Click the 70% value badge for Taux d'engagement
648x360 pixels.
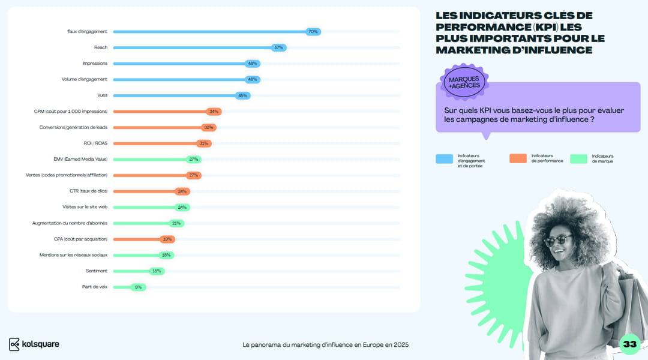point(313,31)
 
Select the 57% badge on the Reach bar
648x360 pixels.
point(278,47)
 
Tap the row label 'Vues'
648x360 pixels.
point(102,95)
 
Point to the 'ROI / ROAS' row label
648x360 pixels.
point(95,143)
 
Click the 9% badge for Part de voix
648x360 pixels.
point(138,287)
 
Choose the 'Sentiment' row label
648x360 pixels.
point(97,271)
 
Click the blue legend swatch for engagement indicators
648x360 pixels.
point(444,158)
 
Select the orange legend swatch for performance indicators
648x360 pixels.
point(518,158)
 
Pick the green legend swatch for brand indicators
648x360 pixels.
point(578,158)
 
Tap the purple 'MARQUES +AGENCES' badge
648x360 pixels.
point(464,82)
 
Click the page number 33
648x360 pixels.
point(629,344)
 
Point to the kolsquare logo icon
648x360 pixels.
point(14,344)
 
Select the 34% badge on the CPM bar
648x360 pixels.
point(214,112)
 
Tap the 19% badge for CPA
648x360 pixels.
point(167,239)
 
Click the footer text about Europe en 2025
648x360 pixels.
point(326,345)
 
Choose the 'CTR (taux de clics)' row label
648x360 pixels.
point(84,191)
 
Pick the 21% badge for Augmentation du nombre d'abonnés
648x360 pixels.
point(176,223)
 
